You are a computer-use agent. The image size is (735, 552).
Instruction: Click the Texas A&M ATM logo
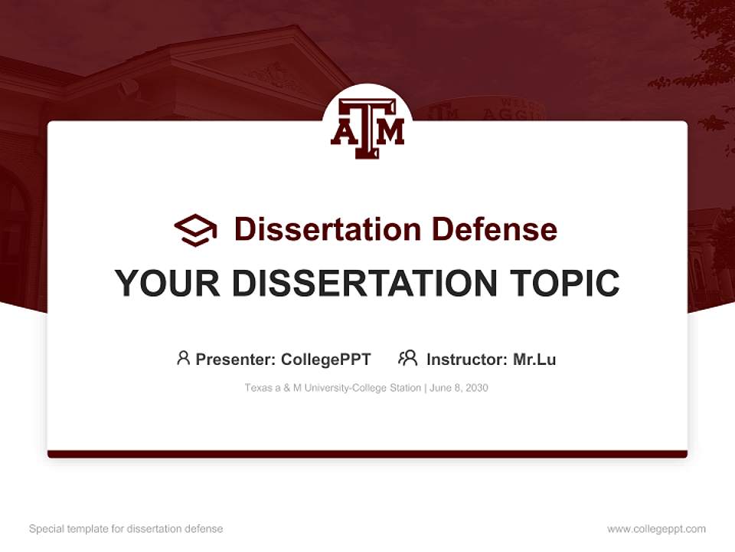(x=367, y=128)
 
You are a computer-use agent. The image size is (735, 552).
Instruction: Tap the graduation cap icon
(x=195, y=229)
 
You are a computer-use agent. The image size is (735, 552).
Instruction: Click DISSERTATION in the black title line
(x=362, y=284)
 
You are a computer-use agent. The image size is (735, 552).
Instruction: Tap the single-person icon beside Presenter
(x=183, y=358)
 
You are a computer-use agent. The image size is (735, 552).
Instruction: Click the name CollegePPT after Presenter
(x=325, y=360)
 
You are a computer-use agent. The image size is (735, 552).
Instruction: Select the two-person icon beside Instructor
(x=407, y=358)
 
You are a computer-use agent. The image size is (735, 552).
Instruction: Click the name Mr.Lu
(x=534, y=360)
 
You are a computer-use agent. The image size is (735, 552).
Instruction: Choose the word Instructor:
(x=466, y=360)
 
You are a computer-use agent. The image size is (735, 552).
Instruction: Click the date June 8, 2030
(x=459, y=388)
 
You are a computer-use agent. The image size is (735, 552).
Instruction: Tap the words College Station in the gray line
(x=387, y=388)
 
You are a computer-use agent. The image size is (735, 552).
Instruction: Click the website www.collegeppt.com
(x=656, y=529)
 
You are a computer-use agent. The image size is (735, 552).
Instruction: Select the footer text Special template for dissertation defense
(x=126, y=529)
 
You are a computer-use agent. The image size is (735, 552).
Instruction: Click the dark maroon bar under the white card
(x=367, y=454)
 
